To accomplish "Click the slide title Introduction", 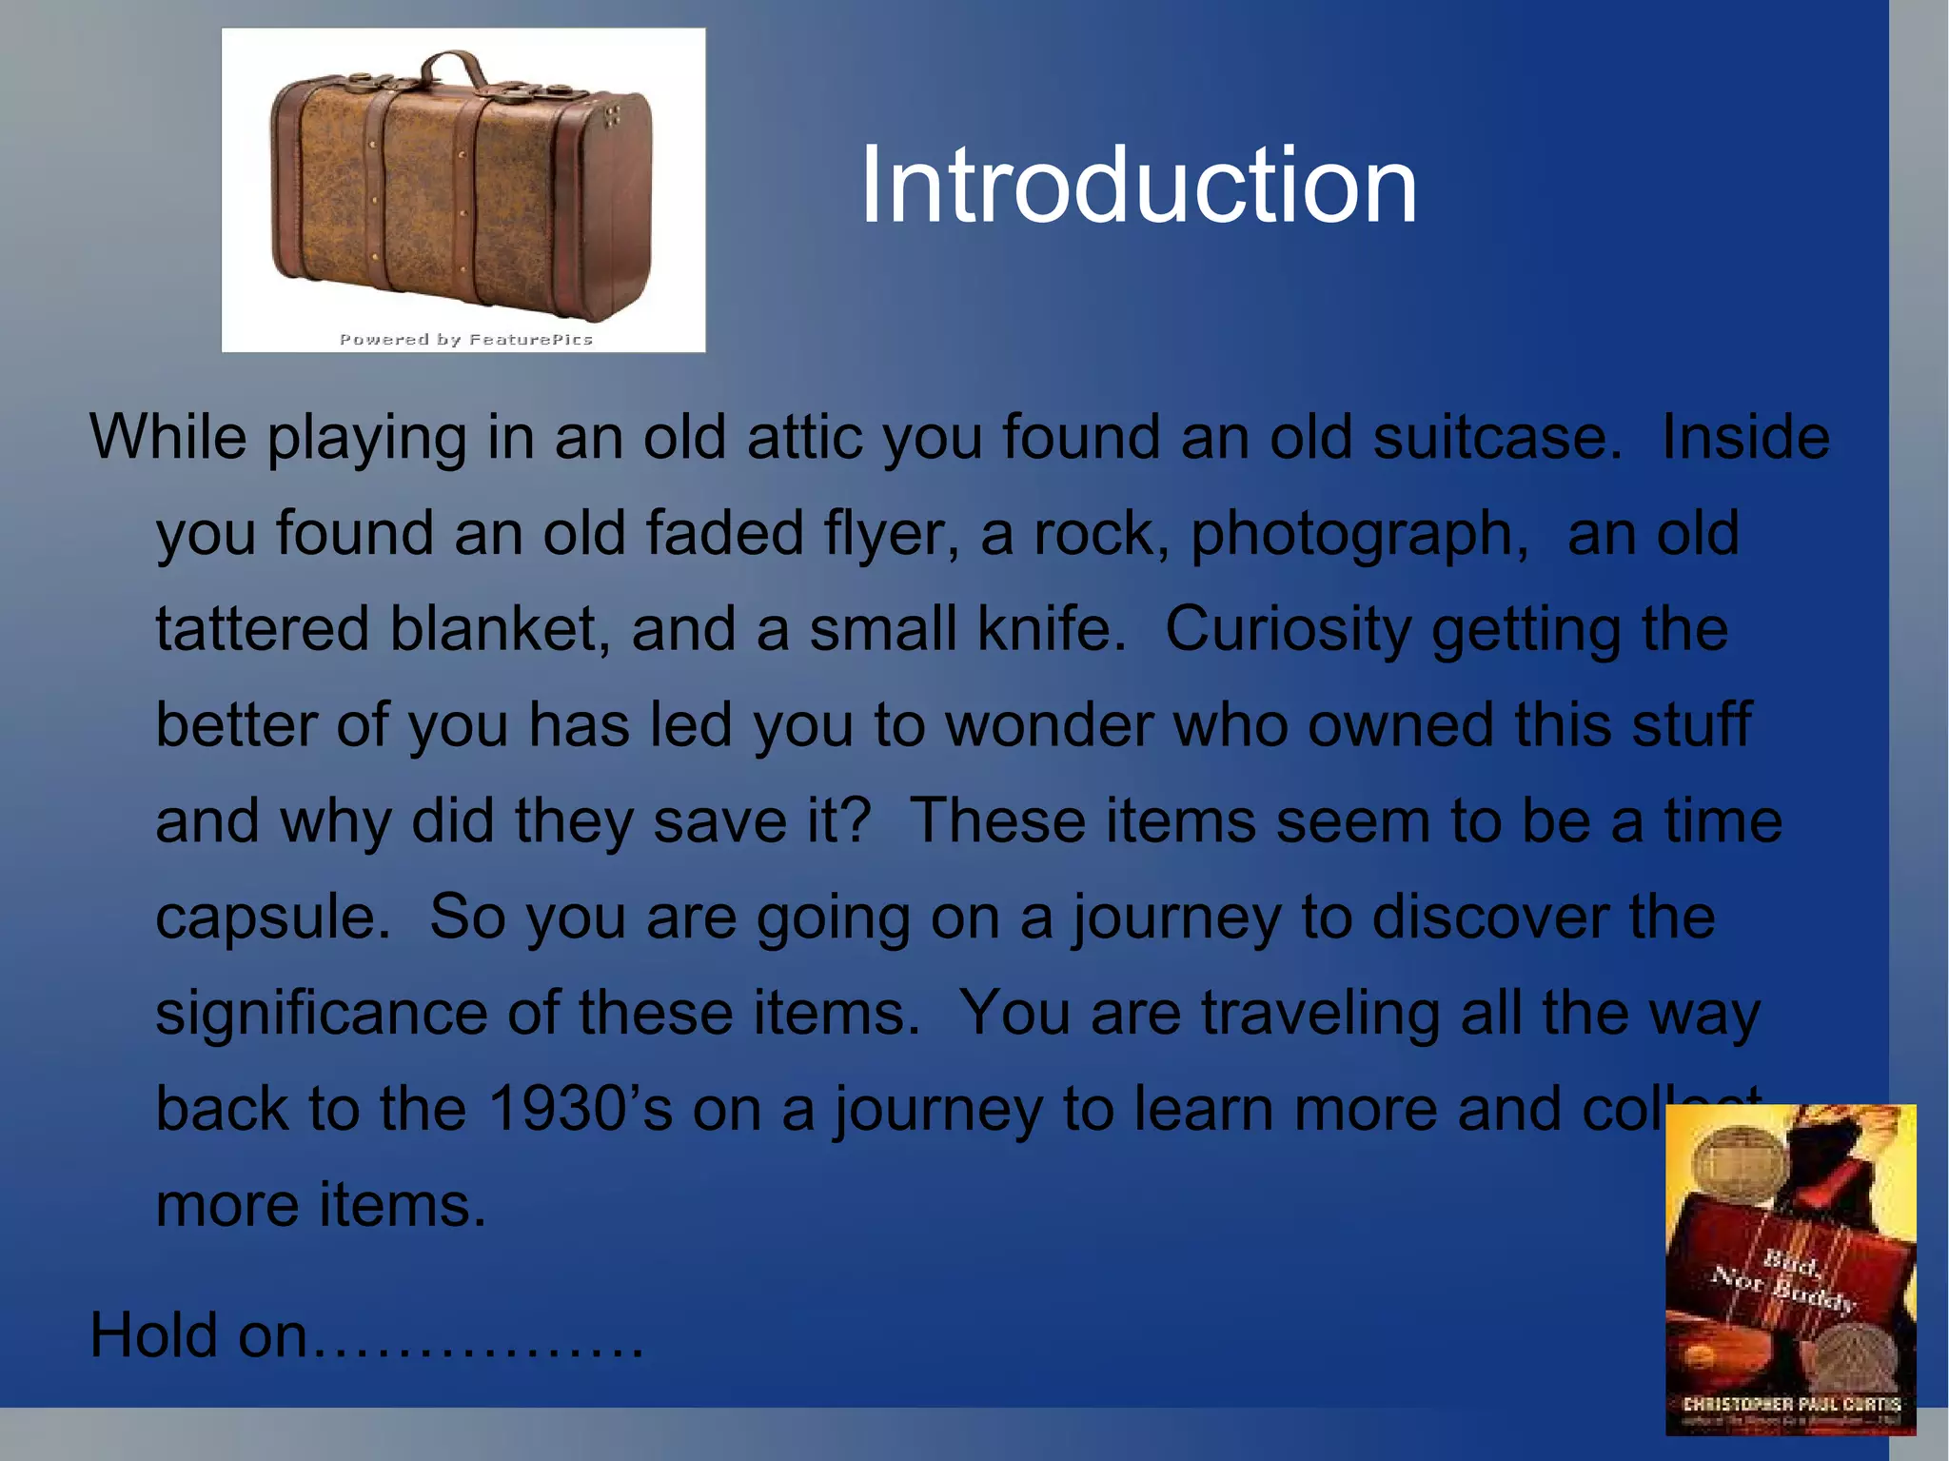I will (x=1138, y=186).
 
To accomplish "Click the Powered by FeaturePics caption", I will (x=465, y=340).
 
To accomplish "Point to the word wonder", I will (x=1049, y=725).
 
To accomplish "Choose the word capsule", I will (x=272, y=918).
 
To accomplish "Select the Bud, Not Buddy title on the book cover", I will (x=1785, y=1282).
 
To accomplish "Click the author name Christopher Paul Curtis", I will (x=1791, y=1404).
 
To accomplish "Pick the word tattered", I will (x=263, y=630).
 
